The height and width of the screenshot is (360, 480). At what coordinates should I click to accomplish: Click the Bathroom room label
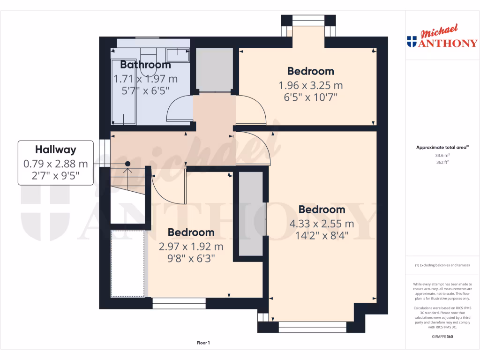[x=145, y=65]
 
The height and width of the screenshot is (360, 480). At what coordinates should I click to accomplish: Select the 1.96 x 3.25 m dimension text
[x=310, y=86]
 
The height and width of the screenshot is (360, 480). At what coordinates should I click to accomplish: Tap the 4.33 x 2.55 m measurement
[x=322, y=224]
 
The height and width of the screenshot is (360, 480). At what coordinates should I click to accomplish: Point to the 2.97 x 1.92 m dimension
[x=191, y=247]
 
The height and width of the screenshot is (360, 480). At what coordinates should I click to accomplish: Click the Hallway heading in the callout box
[x=55, y=150]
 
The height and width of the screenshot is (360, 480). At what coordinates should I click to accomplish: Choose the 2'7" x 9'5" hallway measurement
[x=55, y=176]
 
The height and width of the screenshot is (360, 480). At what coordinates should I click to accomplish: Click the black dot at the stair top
[x=127, y=164]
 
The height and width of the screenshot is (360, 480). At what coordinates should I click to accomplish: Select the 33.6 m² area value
[x=442, y=155]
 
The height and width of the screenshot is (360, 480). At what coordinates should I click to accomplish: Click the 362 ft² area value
[x=442, y=163]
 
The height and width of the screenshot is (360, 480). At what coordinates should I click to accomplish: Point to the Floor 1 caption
[x=203, y=343]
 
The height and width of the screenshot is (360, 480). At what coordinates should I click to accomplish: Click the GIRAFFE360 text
[x=442, y=337]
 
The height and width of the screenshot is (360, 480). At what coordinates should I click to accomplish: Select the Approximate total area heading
[x=442, y=148]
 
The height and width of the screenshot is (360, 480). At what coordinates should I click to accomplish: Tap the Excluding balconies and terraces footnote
[x=442, y=265]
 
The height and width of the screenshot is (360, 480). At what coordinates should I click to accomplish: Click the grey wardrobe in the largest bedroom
[x=251, y=214]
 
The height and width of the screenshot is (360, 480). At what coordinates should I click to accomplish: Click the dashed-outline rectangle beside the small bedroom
[x=127, y=263]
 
